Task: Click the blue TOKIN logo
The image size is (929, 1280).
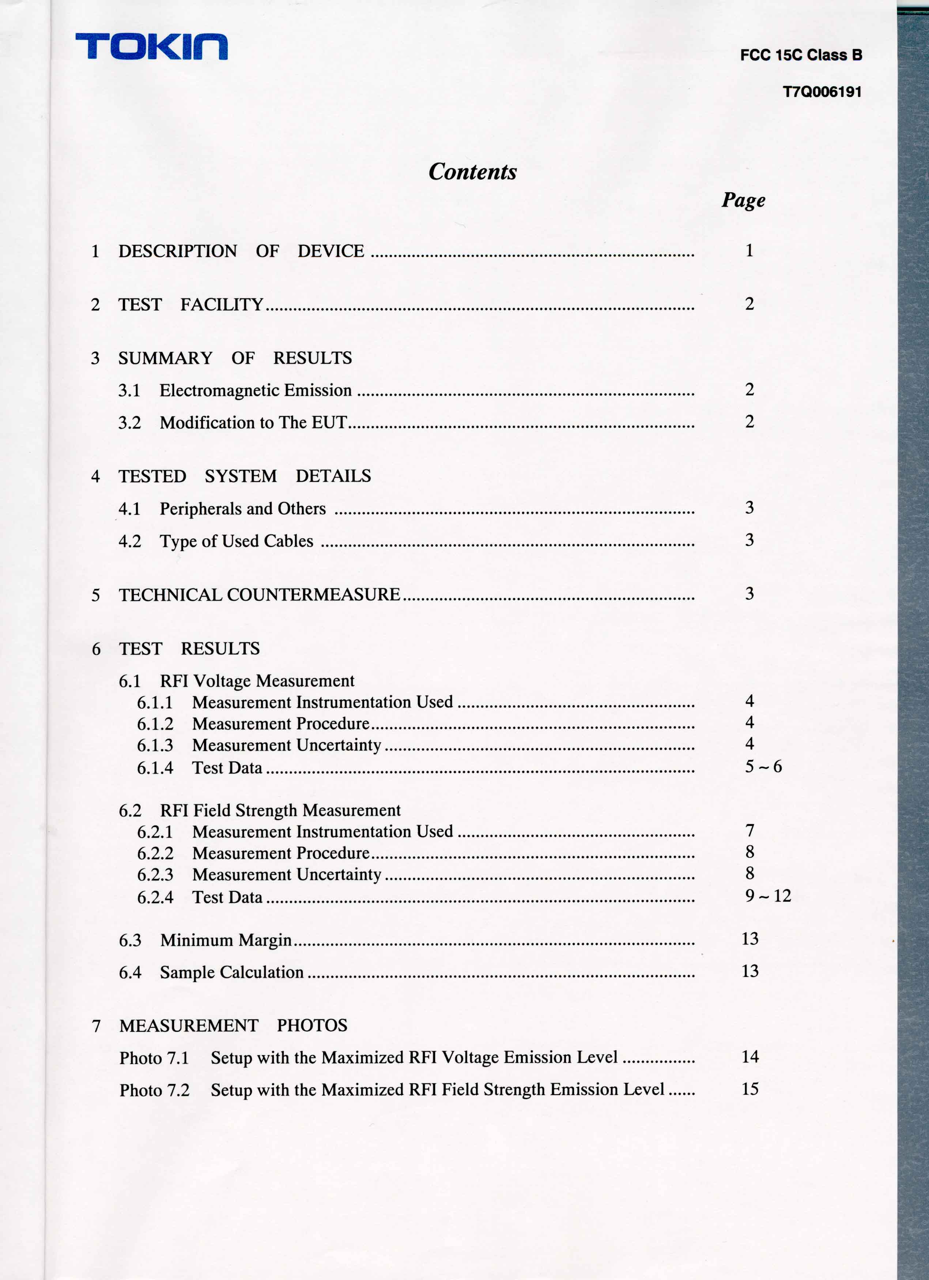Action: [x=151, y=46]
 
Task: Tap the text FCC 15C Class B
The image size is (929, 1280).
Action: [x=801, y=55]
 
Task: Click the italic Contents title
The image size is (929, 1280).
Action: [x=472, y=171]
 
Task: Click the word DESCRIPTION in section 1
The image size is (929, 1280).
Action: [x=177, y=251]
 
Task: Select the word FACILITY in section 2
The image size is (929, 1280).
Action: [x=222, y=305]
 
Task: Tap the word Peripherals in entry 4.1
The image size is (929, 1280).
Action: [x=201, y=509]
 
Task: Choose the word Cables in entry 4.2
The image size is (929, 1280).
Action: [x=288, y=541]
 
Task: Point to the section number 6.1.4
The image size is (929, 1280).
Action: [x=155, y=767]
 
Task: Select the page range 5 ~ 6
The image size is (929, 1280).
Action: [x=763, y=766]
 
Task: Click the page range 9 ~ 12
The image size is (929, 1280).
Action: [x=767, y=896]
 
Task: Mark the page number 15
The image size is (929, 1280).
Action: [x=749, y=1089]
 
